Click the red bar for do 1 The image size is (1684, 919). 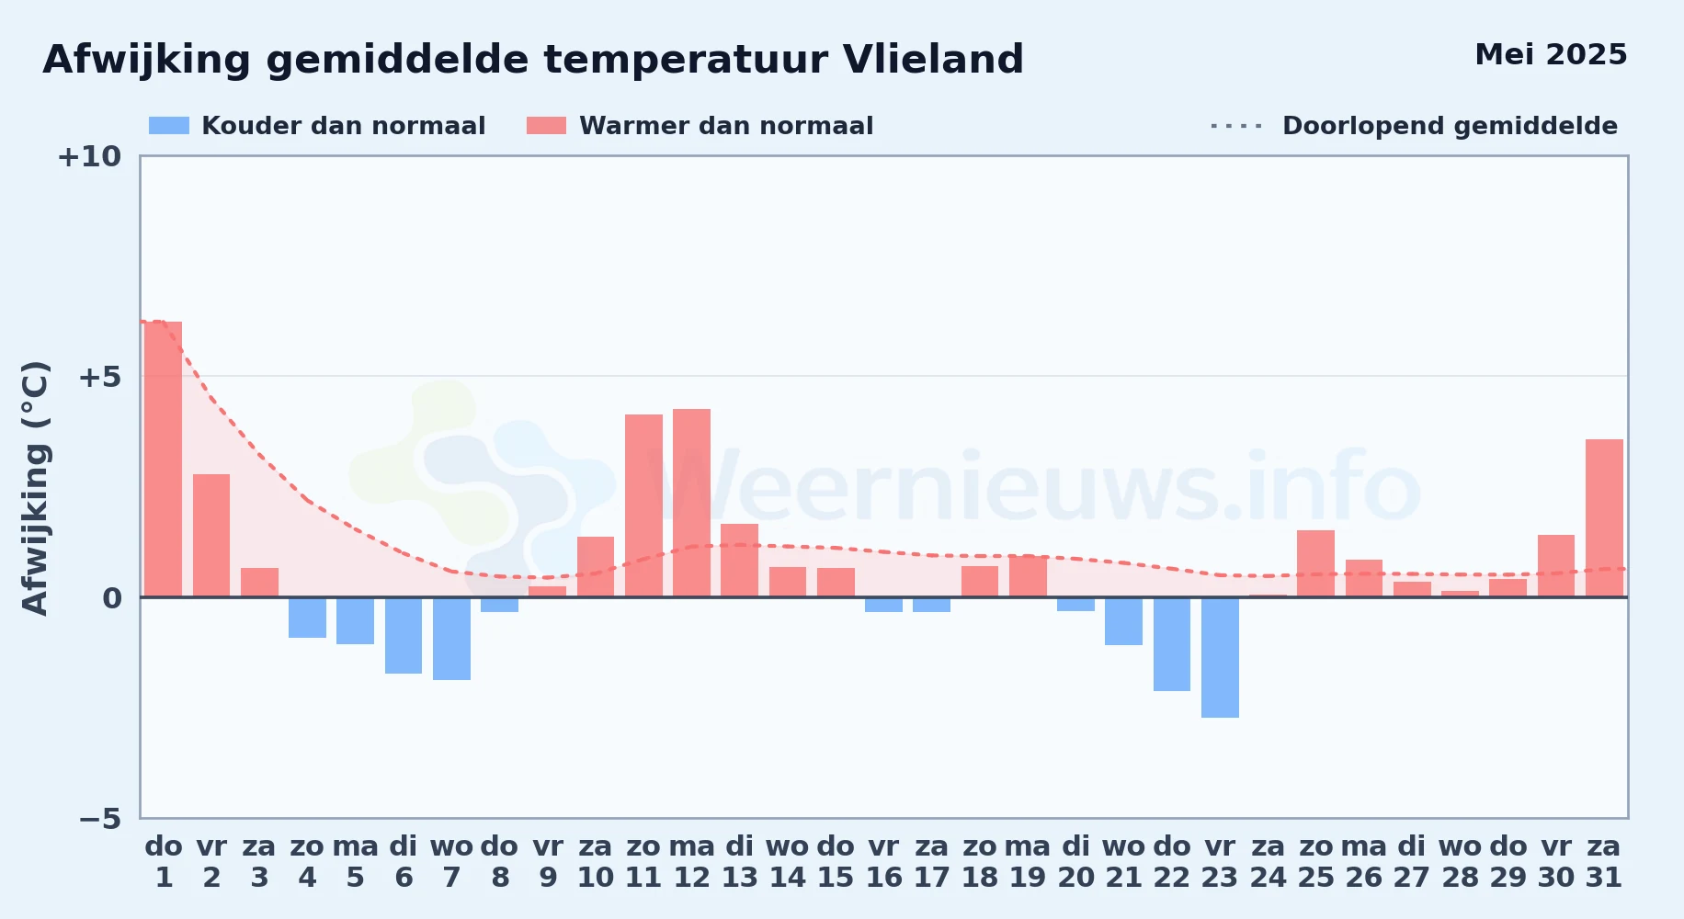(x=163, y=459)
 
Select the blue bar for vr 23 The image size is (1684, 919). (x=1220, y=657)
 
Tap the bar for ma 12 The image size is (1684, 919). (x=691, y=503)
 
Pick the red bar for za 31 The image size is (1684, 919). (x=1604, y=518)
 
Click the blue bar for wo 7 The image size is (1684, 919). (x=451, y=639)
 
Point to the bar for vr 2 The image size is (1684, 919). (x=211, y=536)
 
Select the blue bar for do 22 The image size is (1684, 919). (x=1172, y=644)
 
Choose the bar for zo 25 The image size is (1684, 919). (x=1315, y=563)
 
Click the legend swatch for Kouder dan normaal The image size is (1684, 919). (x=169, y=126)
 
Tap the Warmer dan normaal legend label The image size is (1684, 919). (x=726, y=126)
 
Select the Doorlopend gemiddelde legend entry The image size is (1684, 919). (x=1414, y=126)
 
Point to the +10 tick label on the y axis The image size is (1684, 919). (x=89, y=156)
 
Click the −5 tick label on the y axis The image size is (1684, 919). (x=99, y=818)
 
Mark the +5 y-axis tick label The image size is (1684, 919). (x=99, y=377)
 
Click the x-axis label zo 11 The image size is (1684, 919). (x=643, y=862)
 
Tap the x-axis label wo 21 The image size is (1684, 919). (x=1123, y=862)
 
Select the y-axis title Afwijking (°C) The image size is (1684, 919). (x=35, y=487)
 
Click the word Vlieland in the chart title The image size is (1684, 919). (x=933, y=60)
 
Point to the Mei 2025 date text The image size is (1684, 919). (x=1551, y=55)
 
